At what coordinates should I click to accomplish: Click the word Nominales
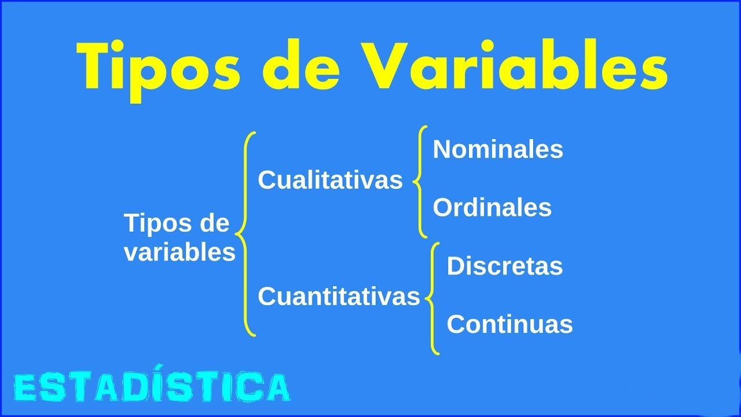pyautogui.click(x=498, y=149)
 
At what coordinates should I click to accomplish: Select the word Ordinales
pyautogui.click(x=492, y=207)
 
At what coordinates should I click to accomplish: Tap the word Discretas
pyautogui.click(x=505, y=266)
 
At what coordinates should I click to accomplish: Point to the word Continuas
pyautogui.click(x=509, y=324)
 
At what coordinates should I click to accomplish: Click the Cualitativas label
pyautogui.click(x=330, y=180)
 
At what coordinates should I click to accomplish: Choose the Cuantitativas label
pyautogui.click(x=339, y=297)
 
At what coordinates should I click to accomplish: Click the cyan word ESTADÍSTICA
pyautogui.click(x=152, y=387)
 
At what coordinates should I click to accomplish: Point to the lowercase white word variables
pyautogui.click(x=179, y=253)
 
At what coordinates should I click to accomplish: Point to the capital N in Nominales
pyautogui.click(x=442, y=149)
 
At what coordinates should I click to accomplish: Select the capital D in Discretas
pyautogui.click(x=455, y=266)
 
